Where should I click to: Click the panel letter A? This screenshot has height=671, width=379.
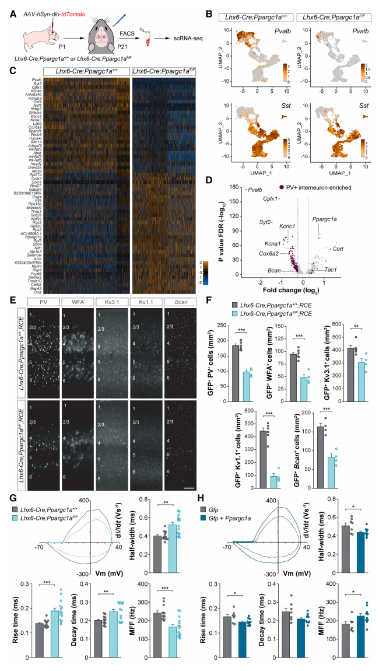(x=13, y=9)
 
